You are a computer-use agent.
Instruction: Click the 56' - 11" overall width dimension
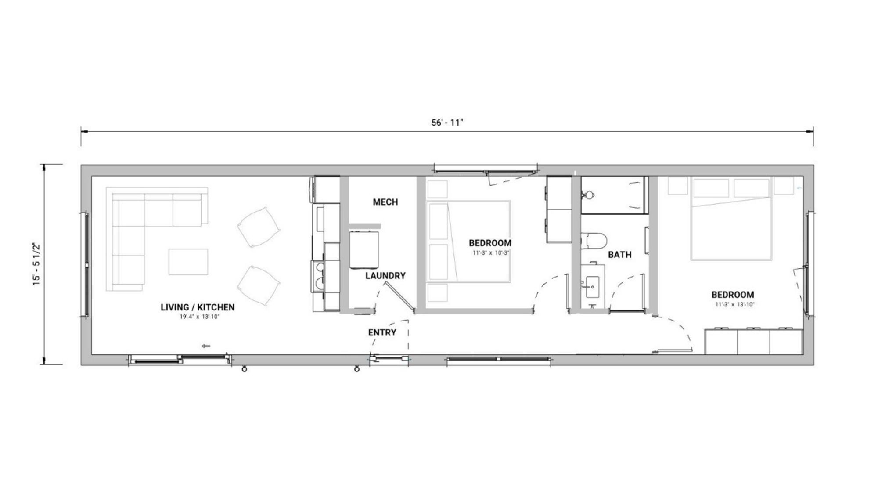[447, 123]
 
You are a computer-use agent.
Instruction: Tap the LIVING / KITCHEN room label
[198, 307]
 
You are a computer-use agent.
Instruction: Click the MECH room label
[385, 202]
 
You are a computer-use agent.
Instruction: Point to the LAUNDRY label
[385, 276]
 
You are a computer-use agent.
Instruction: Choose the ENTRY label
[382, 333]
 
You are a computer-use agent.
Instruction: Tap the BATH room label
[620, 255]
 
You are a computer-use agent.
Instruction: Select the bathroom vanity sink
[593, 285]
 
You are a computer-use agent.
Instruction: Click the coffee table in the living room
[188, 262]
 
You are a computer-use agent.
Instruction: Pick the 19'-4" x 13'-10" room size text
[198, 317]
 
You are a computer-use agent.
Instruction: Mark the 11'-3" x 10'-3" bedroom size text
[490, 253]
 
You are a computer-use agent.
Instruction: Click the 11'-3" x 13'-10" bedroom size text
[733, 305]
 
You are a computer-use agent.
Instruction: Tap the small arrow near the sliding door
[205, 346]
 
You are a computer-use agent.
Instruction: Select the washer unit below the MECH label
[364, 249]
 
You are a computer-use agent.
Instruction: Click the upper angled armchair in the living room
[259, 227]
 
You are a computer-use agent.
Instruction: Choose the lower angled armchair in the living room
[259, 286]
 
